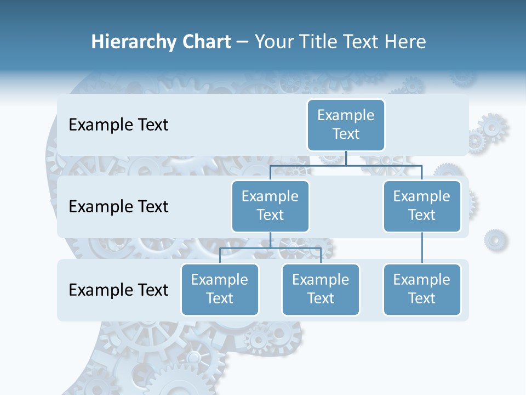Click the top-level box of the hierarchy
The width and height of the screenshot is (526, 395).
pos(346,125)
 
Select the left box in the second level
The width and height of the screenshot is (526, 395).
pos(270,206)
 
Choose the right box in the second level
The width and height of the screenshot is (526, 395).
pos(422,206)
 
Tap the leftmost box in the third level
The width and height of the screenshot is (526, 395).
pos(220,289)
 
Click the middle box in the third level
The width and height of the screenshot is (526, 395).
pos(321,289)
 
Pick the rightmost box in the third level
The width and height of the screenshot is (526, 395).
pos(422,289)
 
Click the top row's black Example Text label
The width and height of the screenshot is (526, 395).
pos(118,125)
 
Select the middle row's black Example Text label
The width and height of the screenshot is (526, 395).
pos(118,207)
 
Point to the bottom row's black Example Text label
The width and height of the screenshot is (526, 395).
pos(118,290)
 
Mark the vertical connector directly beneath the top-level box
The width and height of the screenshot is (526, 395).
pos(346,158)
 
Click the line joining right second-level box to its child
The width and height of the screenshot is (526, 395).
pos(422,248)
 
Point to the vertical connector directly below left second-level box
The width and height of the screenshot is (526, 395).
pos(270,240)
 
